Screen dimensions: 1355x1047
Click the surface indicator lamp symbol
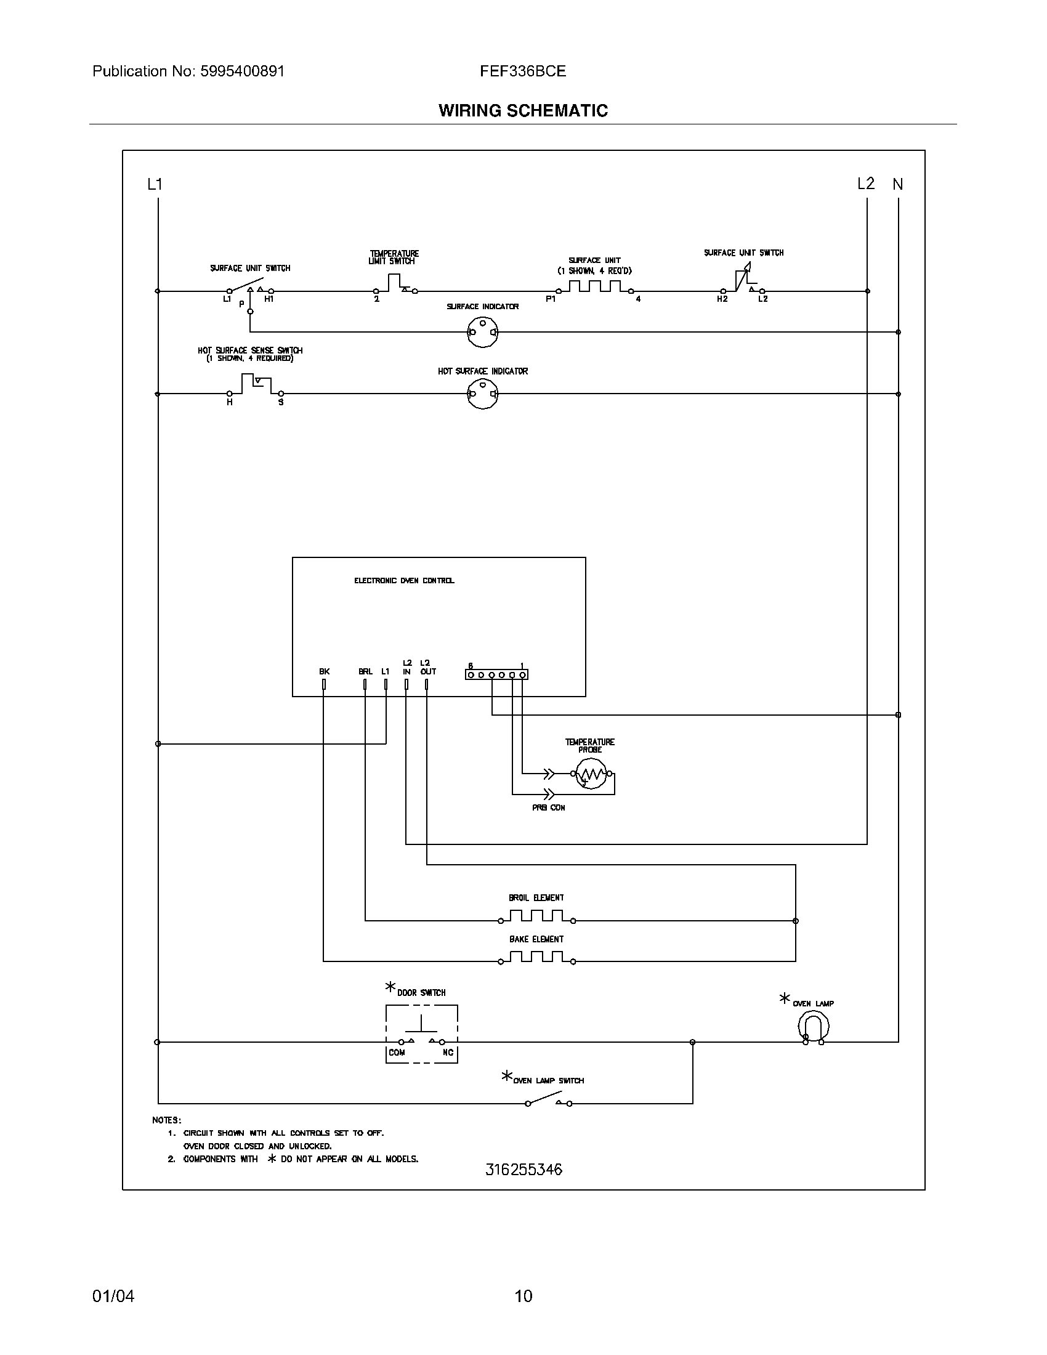pyautogui.click(x=482, y=332)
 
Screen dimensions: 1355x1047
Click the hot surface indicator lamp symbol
pyautogui.click(x=482, y=394)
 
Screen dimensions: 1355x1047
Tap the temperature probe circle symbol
pyautogui.click(x=591, y=774)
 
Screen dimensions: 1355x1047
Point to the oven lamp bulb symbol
pyautogui.click(x=813, y=1026)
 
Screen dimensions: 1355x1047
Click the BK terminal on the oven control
pyautogui.click(x=324, y=684)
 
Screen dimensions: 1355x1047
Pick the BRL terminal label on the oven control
pyautogui.click(x=365, y=671)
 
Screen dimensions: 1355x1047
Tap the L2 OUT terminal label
pyautogui.click(x=427, y=668)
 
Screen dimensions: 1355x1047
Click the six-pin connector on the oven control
pyautogui.click(x=496, y=674)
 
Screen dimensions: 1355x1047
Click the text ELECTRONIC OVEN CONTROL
pyautogui.click(x=404, y=581)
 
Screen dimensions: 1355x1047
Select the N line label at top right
pyautogui.click(x=897, y=184)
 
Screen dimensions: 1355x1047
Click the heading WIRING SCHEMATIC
pyautogui.click(x=523, y=110)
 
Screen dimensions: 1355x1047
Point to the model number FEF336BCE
pyautogui.click(x=522, y=71)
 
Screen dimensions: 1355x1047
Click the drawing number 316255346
pyautogui.click(x=523, y=1170)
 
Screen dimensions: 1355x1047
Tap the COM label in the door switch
pyautogui.click(x=397, y=1052)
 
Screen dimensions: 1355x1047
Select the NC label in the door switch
pyautogui.click(x=448, y=1052)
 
